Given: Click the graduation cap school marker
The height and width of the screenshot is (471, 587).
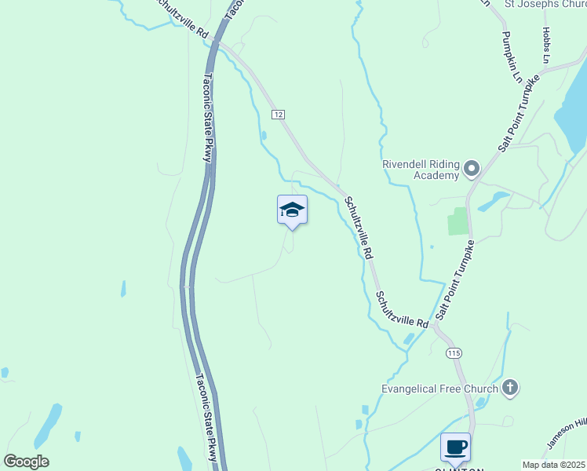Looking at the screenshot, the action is (x=292, y=210).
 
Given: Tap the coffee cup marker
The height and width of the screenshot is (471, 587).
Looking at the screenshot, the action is (x=455, y=447).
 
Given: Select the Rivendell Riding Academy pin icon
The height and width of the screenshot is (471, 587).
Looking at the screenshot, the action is (x=472, y=169).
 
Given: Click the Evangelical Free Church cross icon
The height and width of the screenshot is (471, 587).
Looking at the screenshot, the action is (x=510, y=388).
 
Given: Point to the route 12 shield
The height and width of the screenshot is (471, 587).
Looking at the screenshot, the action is (x=279, y=115).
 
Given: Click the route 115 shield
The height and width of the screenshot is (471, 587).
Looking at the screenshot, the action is (x=454, y=353).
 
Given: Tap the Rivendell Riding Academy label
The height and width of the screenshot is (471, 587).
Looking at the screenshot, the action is (x=420, y=170).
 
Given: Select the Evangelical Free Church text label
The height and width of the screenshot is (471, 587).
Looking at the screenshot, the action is (x=439, y=389).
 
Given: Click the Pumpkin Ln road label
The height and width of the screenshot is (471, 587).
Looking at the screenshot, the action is (x=512, y=57).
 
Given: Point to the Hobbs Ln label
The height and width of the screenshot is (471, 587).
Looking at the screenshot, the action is (x=545, y=45).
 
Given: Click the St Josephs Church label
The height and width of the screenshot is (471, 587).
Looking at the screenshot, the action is (x=542, y=3).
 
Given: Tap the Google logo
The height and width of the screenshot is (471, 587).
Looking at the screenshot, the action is (x=26, y=462).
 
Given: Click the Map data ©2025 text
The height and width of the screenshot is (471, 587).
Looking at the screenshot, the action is (x=552, y=465).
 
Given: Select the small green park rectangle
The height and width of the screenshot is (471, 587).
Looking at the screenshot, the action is (x=458, y=221).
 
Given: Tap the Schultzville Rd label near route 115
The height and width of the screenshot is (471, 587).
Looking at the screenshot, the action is (x=401, y=310).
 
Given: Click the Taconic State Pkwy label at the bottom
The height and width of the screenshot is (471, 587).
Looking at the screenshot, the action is (x=206, y=416).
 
